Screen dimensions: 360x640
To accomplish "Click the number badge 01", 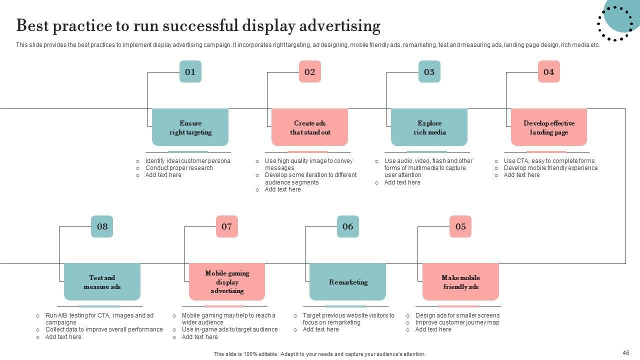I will pos(190,71).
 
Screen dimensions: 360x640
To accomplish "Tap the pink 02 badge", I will pos(309,71).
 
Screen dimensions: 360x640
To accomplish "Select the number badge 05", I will pos(460,226).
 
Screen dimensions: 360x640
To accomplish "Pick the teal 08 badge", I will pos(102,226).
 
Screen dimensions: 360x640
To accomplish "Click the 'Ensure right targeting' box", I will pos(190,127).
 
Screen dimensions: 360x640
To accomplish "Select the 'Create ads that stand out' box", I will pos(309,127).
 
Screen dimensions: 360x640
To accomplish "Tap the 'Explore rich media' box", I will pos(429,127).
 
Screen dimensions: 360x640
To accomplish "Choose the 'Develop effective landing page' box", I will pos(548,127).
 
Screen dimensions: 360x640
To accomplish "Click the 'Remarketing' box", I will pos(348,282).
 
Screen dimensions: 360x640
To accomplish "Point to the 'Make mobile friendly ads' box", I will pos(460,282).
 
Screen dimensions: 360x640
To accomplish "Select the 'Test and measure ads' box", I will pos(102,282).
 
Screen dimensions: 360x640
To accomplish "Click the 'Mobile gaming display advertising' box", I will pos(227,282).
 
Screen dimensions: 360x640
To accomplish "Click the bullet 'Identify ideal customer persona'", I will pos(187,161).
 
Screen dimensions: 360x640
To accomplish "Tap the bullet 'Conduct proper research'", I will pos(178,168).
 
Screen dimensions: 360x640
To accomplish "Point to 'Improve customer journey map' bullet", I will pos(457,322).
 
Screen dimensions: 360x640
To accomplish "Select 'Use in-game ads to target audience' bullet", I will pos(229,329).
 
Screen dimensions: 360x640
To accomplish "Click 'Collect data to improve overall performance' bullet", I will pos(104,329).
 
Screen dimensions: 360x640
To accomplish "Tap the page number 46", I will pos(626,353).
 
